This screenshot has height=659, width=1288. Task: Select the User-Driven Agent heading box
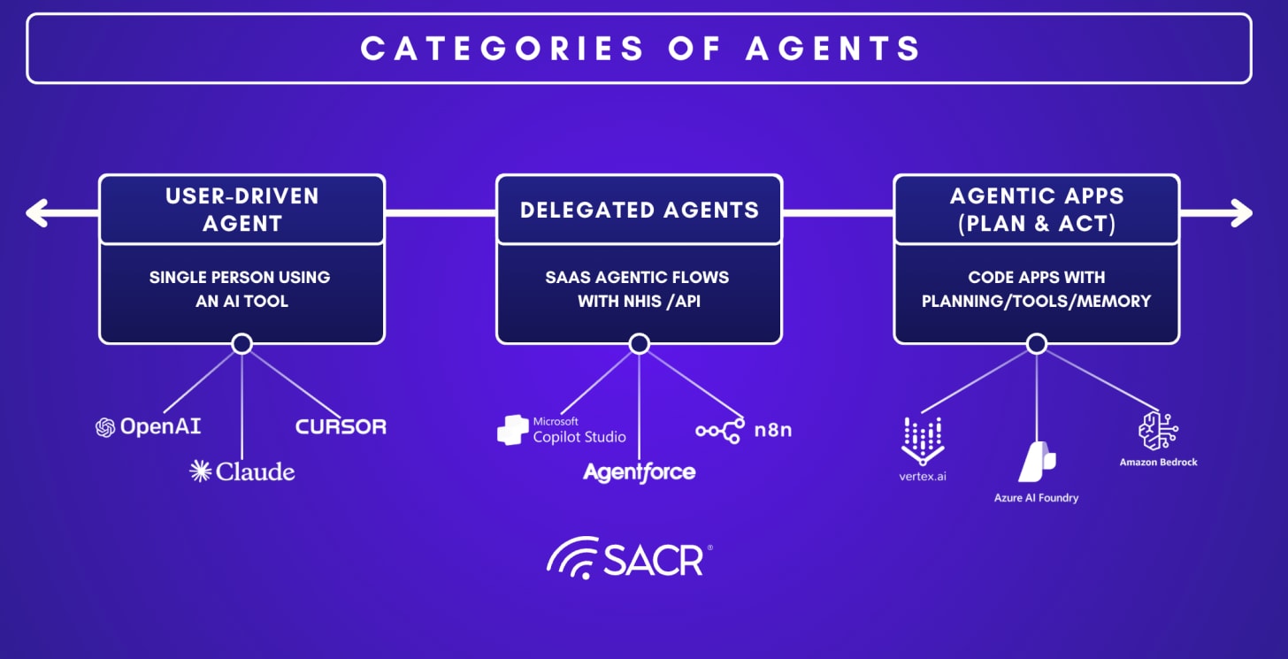tap(241, 209)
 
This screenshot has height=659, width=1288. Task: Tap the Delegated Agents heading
tap(639, 210)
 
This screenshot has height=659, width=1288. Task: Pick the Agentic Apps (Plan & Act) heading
tap(1036, 209)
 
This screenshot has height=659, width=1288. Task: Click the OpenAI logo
tap(149, 427)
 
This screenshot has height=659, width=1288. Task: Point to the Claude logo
tap(242, 471)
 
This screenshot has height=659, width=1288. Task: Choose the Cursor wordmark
tap(341, 426)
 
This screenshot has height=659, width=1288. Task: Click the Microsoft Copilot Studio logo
tap(562, 430)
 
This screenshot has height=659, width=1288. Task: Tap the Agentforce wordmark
tap(639, 472)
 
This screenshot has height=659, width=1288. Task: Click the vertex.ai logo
tap(923, 448)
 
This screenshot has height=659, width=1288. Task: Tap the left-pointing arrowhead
tap(37, 212)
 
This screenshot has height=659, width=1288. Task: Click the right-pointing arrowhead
tap(1240, 212)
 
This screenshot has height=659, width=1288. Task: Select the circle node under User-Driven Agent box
tap(241, 343)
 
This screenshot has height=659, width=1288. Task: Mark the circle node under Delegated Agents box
tap(639, 343)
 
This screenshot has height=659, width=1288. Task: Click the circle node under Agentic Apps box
tap(1036, 343)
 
